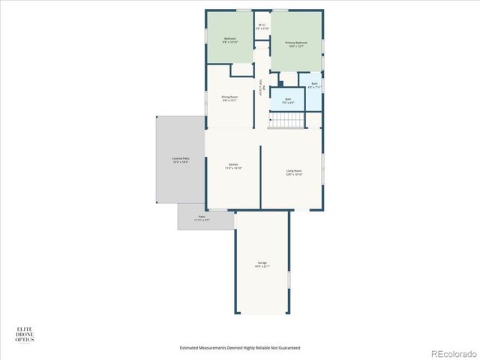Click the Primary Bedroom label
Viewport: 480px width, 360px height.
pyautogui.click(x=296, y=44)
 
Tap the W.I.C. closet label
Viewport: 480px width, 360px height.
pyautogui.click(x=262, y=26)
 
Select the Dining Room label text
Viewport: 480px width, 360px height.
pyautogui.click(x=229, y=98)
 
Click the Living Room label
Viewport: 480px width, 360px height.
pyautogui.click(x=293, y=172)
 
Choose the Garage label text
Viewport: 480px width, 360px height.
pyautogui.click(x=262, y=264)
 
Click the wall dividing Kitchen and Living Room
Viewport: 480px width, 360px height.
pyautogui.click(x=260, y=177)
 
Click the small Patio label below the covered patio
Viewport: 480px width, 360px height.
pyautogui.click(x=202, y=218)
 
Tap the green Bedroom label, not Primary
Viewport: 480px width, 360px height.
pyautogui.click(x=230, y=40)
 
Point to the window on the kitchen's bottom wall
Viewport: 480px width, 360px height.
pyautogui.click(x=217, y=210)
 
